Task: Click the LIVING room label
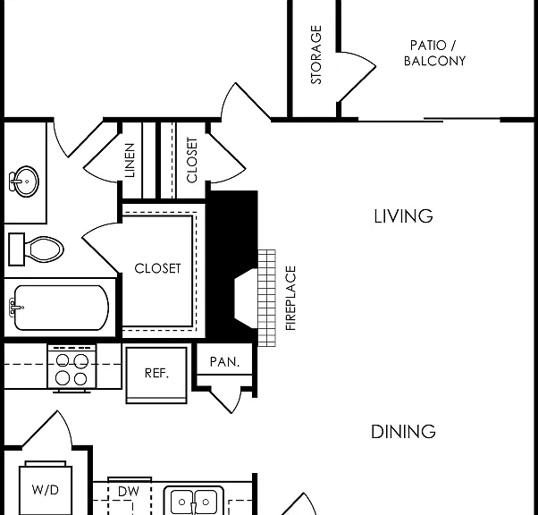[x=403, y=216]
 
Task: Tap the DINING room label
[x=403, y=432]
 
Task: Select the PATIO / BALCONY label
[x=434, y=54]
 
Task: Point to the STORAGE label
[x=316, y=55]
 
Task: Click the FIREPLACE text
[x=290, y=298]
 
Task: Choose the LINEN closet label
[x=130, y=160]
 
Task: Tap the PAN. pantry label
[x=224, y=361]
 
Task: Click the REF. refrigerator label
[x=156, y=373]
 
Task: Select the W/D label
[x=46, y=490]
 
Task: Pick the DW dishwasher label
[x=129, y=492]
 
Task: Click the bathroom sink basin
[x=24, y=182]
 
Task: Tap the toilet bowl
[x=44, y=249]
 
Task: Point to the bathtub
[x=61, y=308]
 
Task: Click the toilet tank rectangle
[x=16, y=249]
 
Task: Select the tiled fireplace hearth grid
[x=267, y=298]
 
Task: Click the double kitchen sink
[x=194, y=501]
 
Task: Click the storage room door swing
[x=357, y=77]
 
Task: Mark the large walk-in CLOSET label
[x=157, y=268]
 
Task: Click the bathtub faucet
[x=16, y=307]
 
